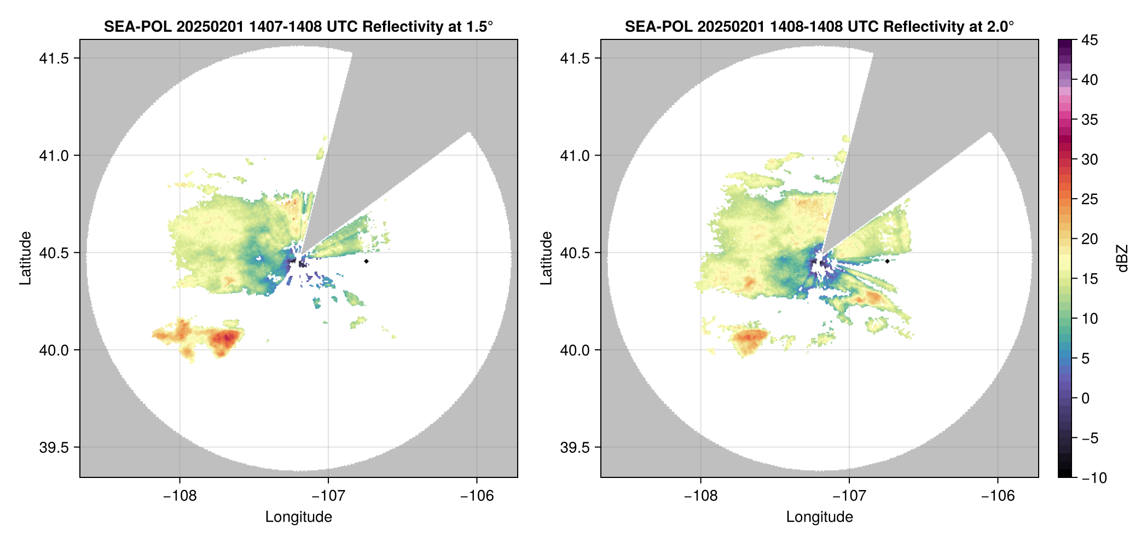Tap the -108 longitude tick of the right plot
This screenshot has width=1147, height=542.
pyautogui.click(x=700, y=496)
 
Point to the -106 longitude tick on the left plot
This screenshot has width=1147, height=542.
pyautogui.click(x=477, y=496)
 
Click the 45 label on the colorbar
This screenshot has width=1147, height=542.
pyautogui.click(x=1089, y=40)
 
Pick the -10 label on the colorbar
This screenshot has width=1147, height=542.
pyautogui.click(x=1094, y=478)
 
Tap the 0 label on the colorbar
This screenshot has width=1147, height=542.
pyautogui.click(x=1086, y=399)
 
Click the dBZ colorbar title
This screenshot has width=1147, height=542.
pyautogui.click(x=1122, y=258)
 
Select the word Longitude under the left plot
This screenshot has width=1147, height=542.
pyautogui.click(x=299, y=517)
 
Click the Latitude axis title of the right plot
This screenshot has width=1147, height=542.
pyautogui.click(x=546, y=258)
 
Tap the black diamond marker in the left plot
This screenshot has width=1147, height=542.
pyautogui.click(x=366, y=261)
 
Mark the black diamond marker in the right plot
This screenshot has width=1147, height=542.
pyautogui.click(x=887, y=261)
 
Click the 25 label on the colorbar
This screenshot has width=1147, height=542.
pyautogui.click(x=1089, y=199)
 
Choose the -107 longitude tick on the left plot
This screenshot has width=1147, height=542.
pyautogui.click(x=328, y=496)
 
